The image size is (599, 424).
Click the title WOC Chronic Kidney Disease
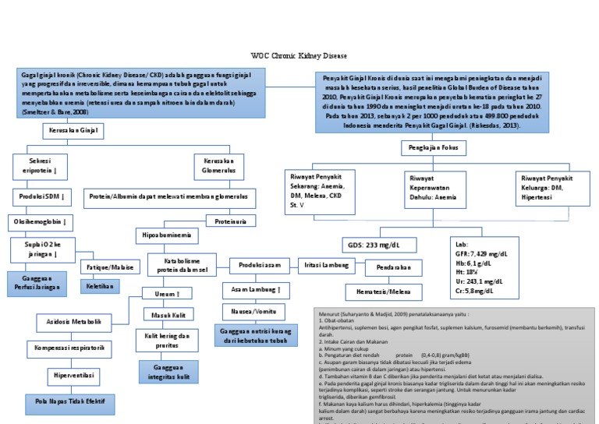299,57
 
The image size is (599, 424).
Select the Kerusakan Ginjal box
73,131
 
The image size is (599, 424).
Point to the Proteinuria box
230,221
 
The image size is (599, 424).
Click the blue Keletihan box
100,287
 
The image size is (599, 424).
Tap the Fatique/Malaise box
108,267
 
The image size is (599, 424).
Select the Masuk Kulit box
168,314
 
